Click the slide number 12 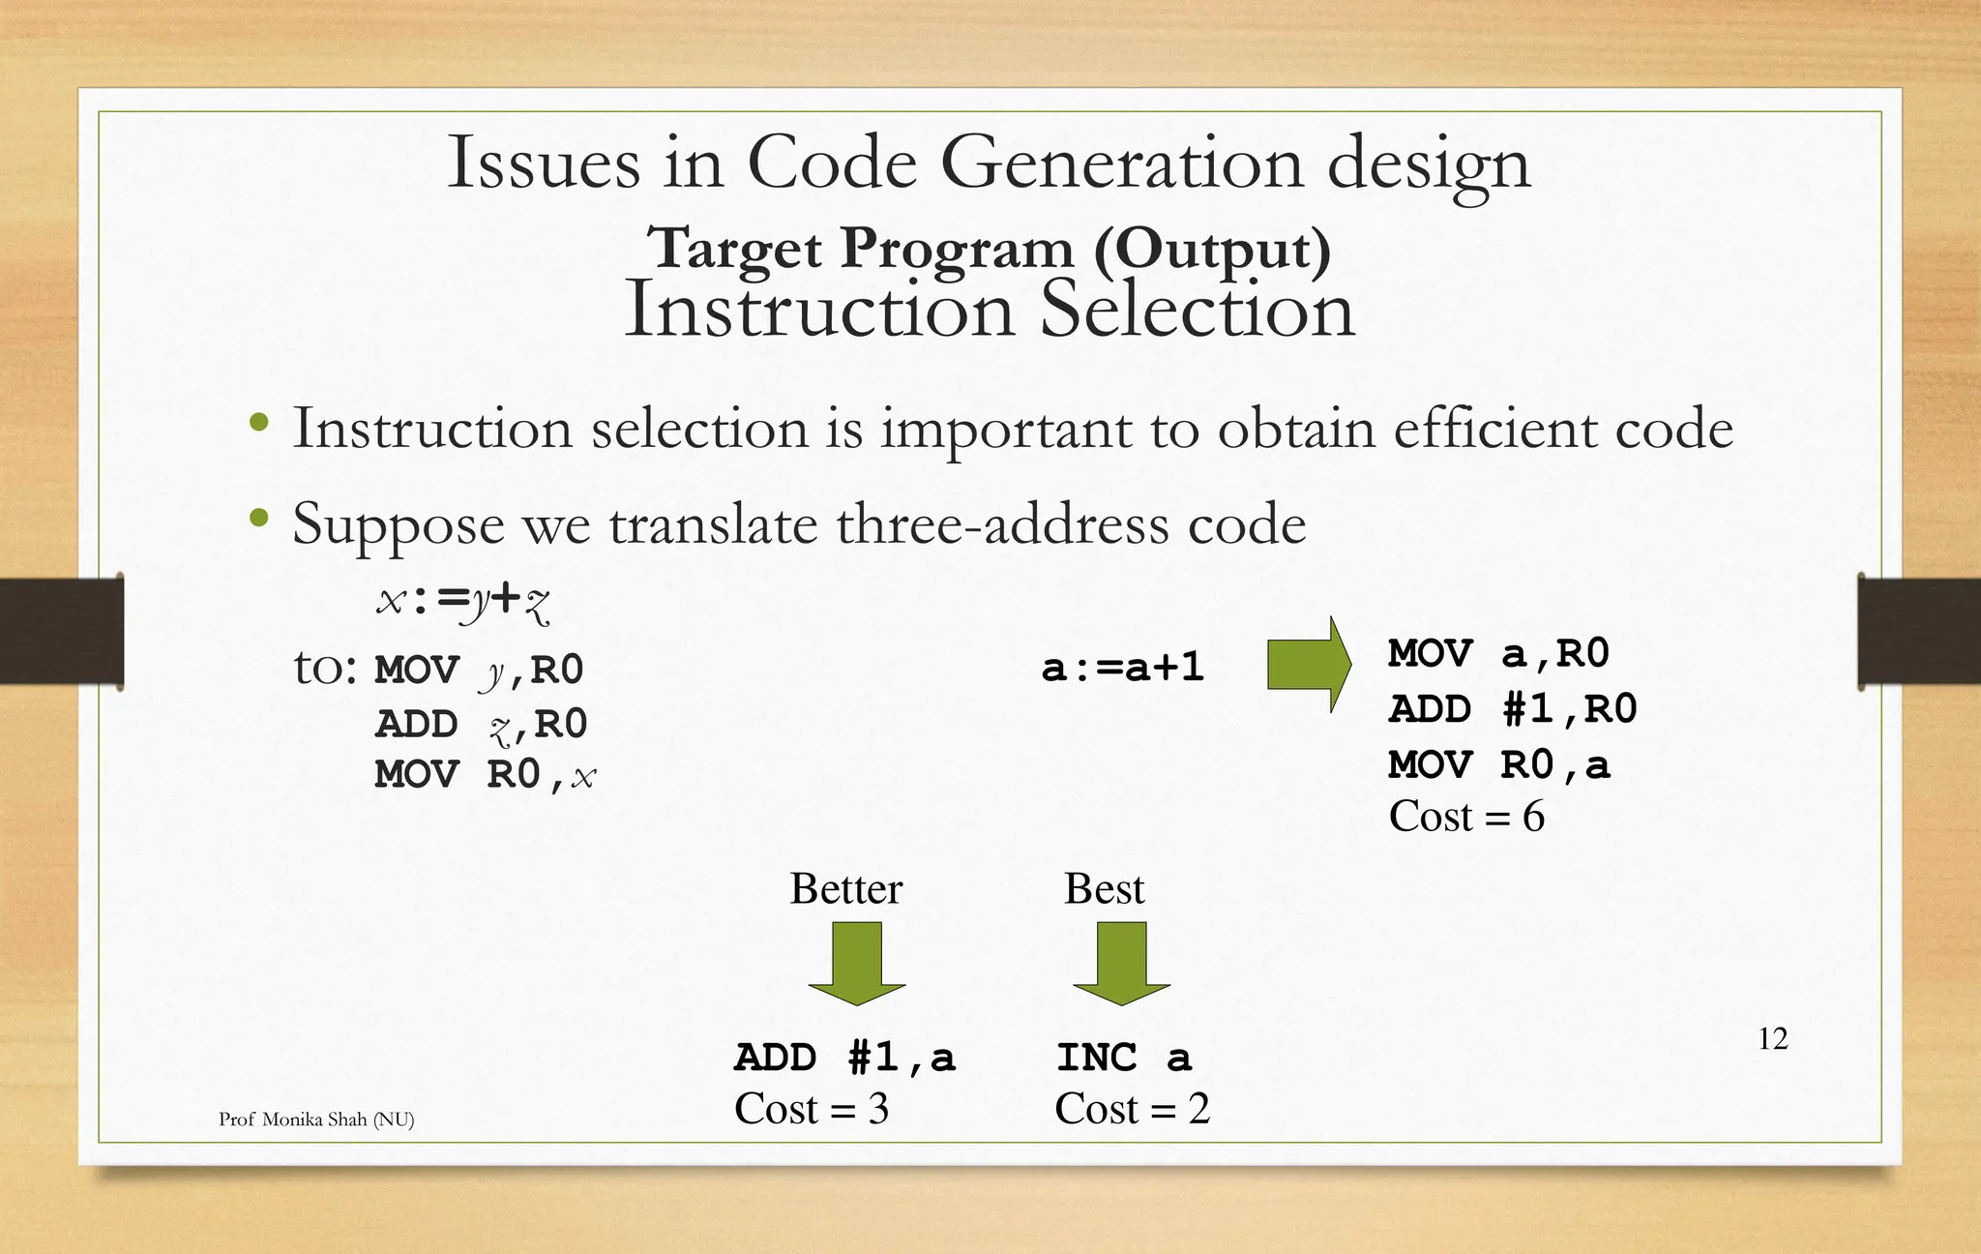coord(1772,1038)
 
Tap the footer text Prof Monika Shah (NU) coord(316,1120)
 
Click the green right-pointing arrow coord(1308,665)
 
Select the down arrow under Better coord(857,962)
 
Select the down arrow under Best coord(1121,962)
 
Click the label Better coord(845,888)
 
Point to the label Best coord(1104,888)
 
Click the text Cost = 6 coord(1466,817)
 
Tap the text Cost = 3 coord(811,1109)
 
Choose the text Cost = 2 coord(1132,1109)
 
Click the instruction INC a coord(1123,1058)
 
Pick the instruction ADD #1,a coord(844,1058)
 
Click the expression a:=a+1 coord(1122,668)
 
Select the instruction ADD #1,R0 coord(1513,709)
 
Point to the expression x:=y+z coord(463,601)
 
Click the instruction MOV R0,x coord(485,775)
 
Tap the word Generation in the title coord(1121,163)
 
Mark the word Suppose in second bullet coord(398,524)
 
